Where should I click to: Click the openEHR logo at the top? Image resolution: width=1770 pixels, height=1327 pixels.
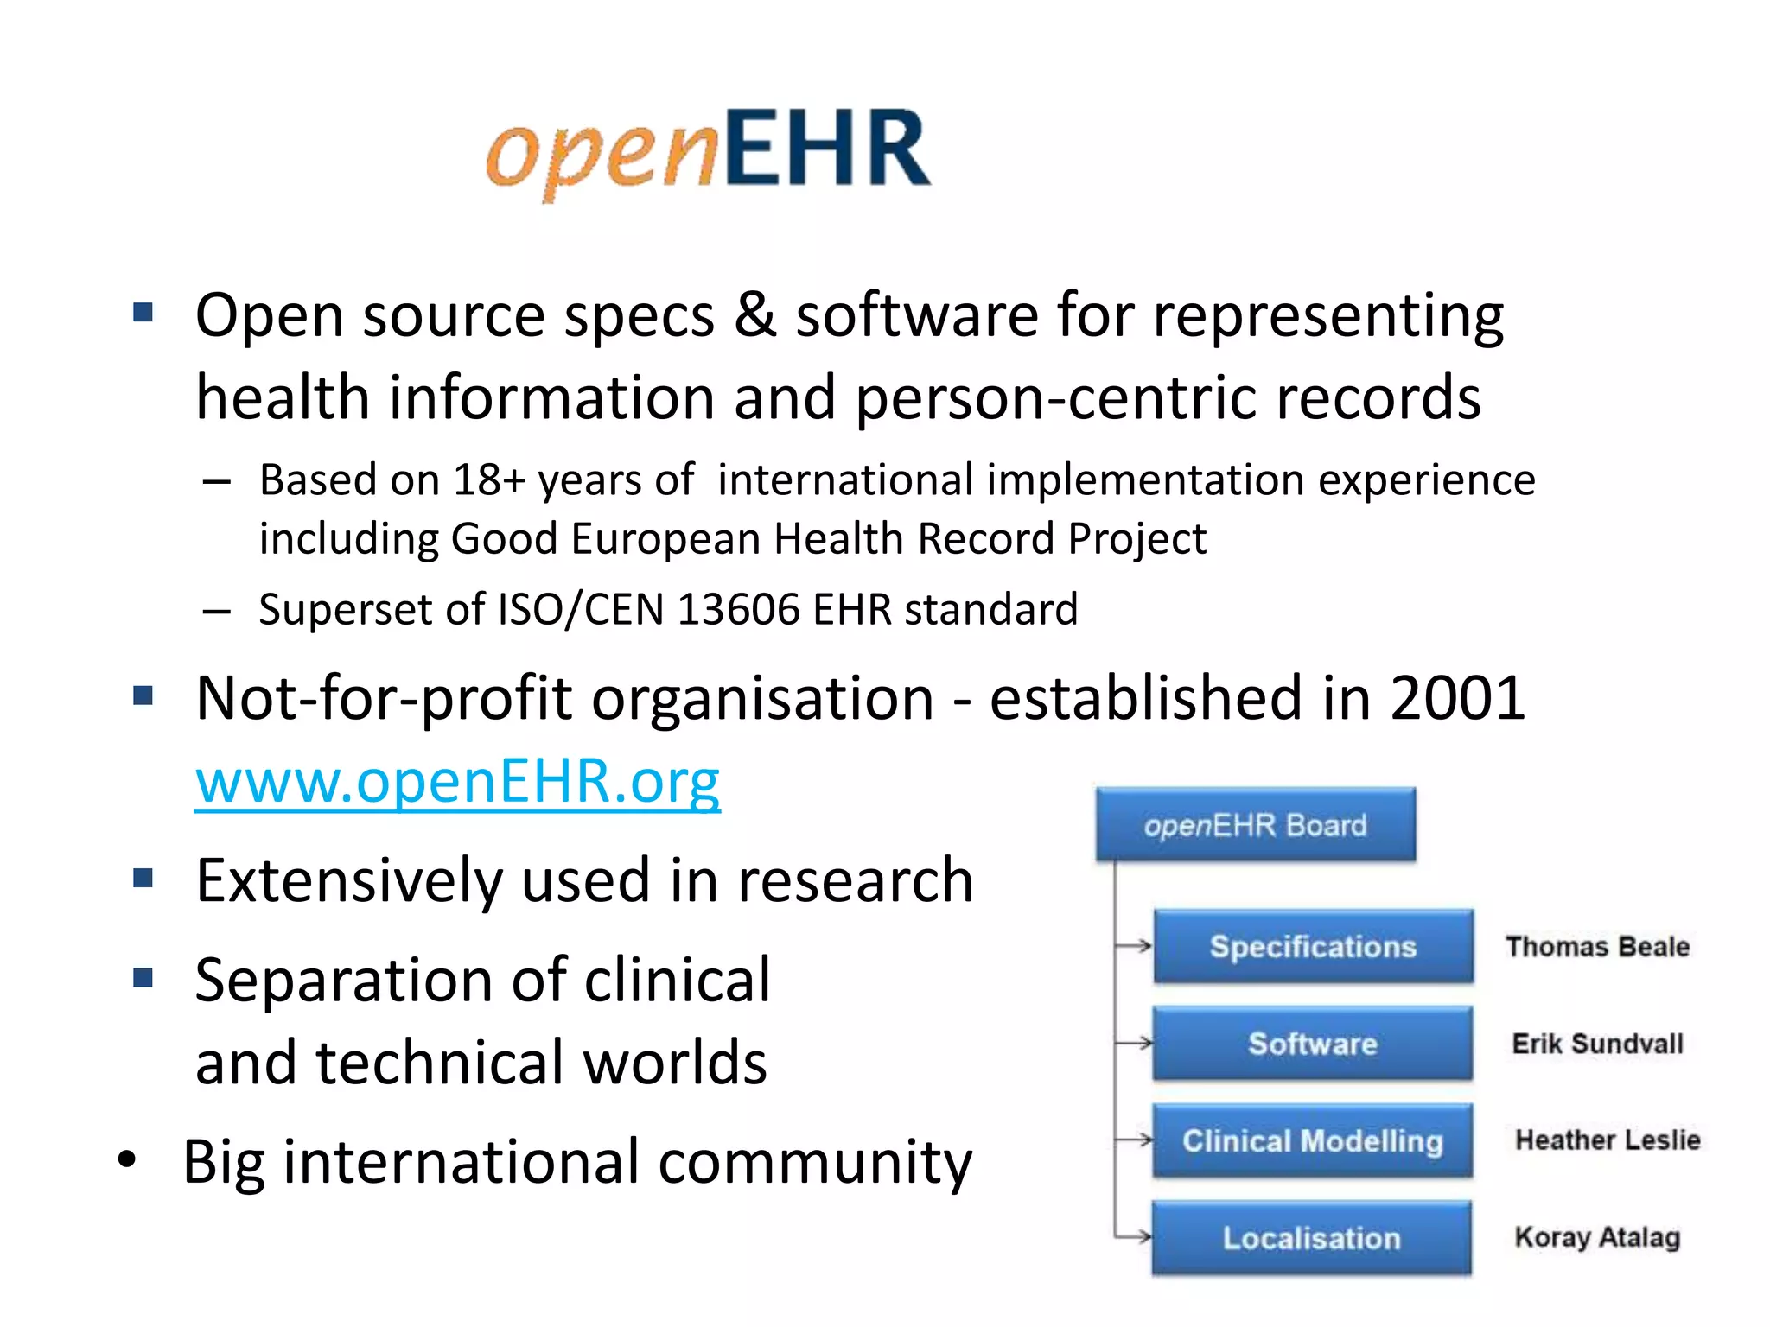click(x=709, y=151)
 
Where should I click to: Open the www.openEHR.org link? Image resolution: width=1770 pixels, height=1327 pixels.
click(x=457, y=781)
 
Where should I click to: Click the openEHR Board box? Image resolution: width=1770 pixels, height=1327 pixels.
click(x=1256, y=825)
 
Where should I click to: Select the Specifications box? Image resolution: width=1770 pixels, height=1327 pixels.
click(x=1313, y=947)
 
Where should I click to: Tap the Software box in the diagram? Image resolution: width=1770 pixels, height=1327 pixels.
click(x=1313, y=1044)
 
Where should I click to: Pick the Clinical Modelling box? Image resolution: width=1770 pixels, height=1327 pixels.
click(x=1313, y=1141)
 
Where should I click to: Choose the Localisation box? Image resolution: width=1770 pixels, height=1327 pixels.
click(x=1311, y=1238)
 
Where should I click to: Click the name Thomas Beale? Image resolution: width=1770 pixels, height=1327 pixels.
click(x=1597, y=947)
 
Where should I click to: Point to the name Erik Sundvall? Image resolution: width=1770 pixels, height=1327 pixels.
click(x=1597, y=1044)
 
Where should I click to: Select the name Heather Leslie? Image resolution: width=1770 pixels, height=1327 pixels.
click(x=1608, y=1140)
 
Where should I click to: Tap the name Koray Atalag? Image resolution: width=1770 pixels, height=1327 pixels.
click(x=1597, y=1237)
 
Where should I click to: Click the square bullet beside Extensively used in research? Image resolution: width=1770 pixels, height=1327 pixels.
click(x=143, y=879)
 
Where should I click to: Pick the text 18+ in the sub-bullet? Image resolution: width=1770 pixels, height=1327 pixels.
click(x=489, y=480)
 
